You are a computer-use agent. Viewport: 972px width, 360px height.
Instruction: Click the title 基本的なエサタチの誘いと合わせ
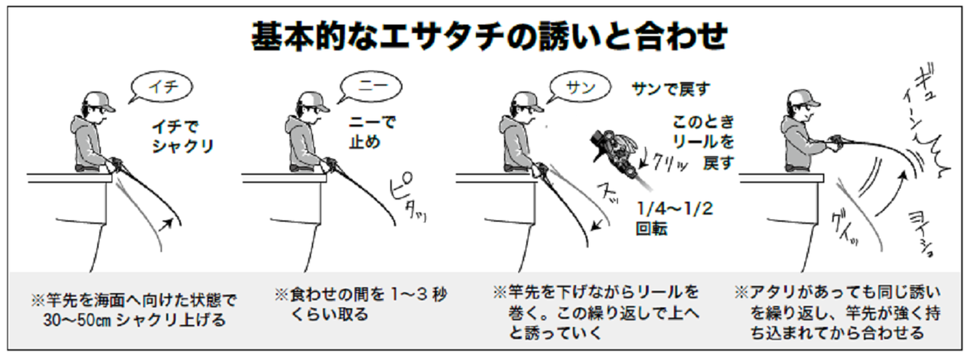[x=489, y=36]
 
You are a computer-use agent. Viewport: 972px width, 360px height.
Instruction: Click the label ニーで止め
[x=371, y=131]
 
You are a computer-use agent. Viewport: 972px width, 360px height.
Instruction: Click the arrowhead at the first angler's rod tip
[x=179, y=222]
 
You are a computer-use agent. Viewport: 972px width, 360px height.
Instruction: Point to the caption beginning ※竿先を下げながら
[x=595, y=311]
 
